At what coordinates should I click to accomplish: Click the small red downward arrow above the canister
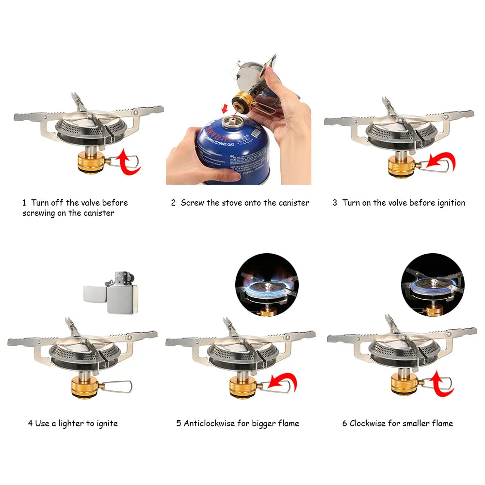coord(225,108)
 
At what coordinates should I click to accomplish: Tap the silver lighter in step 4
coord(111,292)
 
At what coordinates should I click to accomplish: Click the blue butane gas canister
coord(234,150)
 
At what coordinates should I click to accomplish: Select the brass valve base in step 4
coord(85,387)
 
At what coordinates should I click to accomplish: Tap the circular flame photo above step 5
coord(267,285)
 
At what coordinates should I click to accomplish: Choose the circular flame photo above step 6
coord(433,285)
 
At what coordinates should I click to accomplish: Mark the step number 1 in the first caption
coord(24,203)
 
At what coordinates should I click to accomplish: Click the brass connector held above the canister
coord(241,101)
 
